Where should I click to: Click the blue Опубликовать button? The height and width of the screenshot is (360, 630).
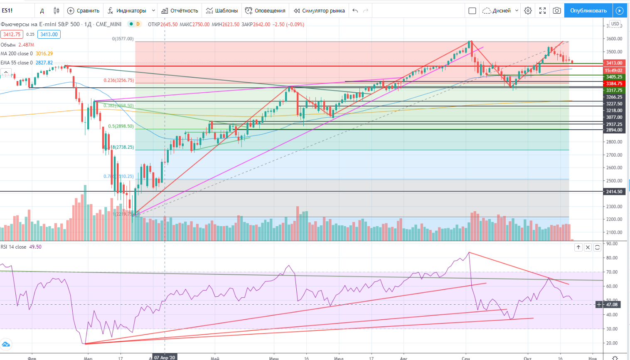[588, 10]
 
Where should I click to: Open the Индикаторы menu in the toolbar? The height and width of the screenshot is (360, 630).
[131, 10]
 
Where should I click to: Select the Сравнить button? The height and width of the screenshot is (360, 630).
[84, 10]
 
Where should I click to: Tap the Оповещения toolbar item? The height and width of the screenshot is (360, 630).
[265, 10]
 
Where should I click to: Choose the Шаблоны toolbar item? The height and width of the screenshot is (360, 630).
[222, 10]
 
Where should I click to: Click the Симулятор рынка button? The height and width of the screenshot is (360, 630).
[319, 10]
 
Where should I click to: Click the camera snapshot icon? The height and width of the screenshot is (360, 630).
[557, 10]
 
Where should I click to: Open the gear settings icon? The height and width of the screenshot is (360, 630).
[528, 10]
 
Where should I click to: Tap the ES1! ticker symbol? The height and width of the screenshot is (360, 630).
[7, 10]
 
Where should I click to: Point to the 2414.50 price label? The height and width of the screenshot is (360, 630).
[614, 192]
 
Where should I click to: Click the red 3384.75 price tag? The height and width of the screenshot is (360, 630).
[614, 84]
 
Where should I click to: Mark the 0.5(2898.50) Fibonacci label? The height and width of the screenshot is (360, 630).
[121, 126]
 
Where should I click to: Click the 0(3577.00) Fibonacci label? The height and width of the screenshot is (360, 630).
[123, 39]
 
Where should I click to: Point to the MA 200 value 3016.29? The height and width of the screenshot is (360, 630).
[44, 54]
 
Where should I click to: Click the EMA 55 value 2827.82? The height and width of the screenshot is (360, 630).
[44, 63]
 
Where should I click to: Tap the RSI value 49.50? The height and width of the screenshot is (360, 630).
[35, 247]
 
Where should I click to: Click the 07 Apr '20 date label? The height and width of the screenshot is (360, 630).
[165, 357]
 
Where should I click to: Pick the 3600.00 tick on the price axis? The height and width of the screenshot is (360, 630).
[614, 39]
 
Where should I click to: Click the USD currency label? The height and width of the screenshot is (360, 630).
[615, 24]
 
